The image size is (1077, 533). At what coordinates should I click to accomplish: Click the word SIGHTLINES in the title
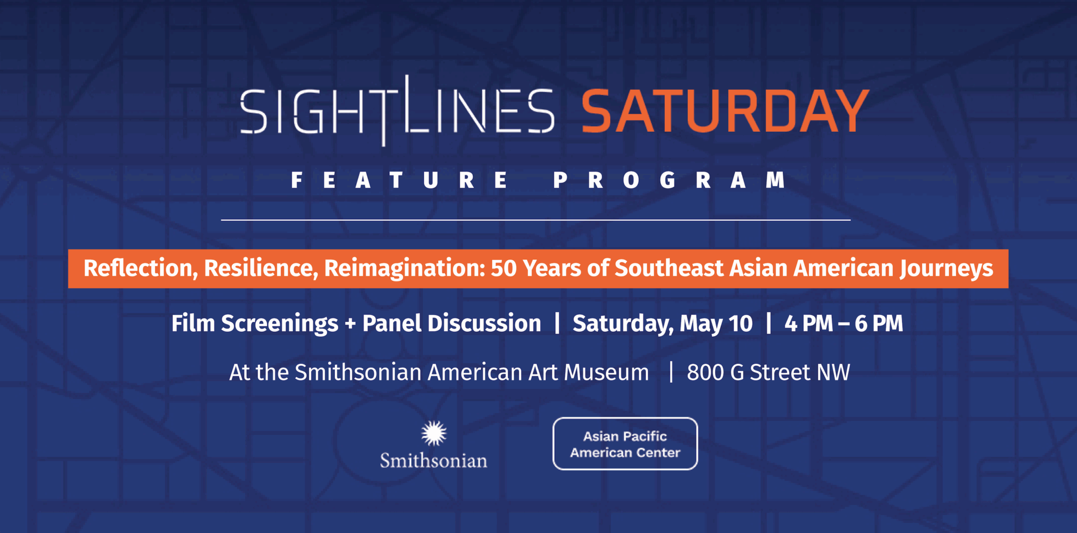(x=397, y=110)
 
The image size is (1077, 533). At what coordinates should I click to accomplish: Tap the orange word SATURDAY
(x=725, y=111)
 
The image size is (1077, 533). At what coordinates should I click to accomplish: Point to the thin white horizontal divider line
(x=536, y=220)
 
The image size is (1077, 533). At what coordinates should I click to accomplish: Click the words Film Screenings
(x=255, y=324)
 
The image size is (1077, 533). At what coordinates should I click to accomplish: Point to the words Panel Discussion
(x=452, y=323)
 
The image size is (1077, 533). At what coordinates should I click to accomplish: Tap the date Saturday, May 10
(x=662, y=324)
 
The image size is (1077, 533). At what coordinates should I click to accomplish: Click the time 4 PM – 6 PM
(x=844, y=323)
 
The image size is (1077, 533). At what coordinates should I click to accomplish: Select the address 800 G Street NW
(x=768, y=373)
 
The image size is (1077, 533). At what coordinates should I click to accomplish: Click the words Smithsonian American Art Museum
(x=472, y=373)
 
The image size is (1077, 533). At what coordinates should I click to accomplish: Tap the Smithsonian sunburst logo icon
(x=434, y=433)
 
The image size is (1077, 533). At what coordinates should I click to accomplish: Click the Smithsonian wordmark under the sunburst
(x=434, y=461)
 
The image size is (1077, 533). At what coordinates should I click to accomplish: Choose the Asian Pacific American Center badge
(x=625, y=443)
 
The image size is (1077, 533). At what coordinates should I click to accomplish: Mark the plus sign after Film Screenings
(x=351, y=324)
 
